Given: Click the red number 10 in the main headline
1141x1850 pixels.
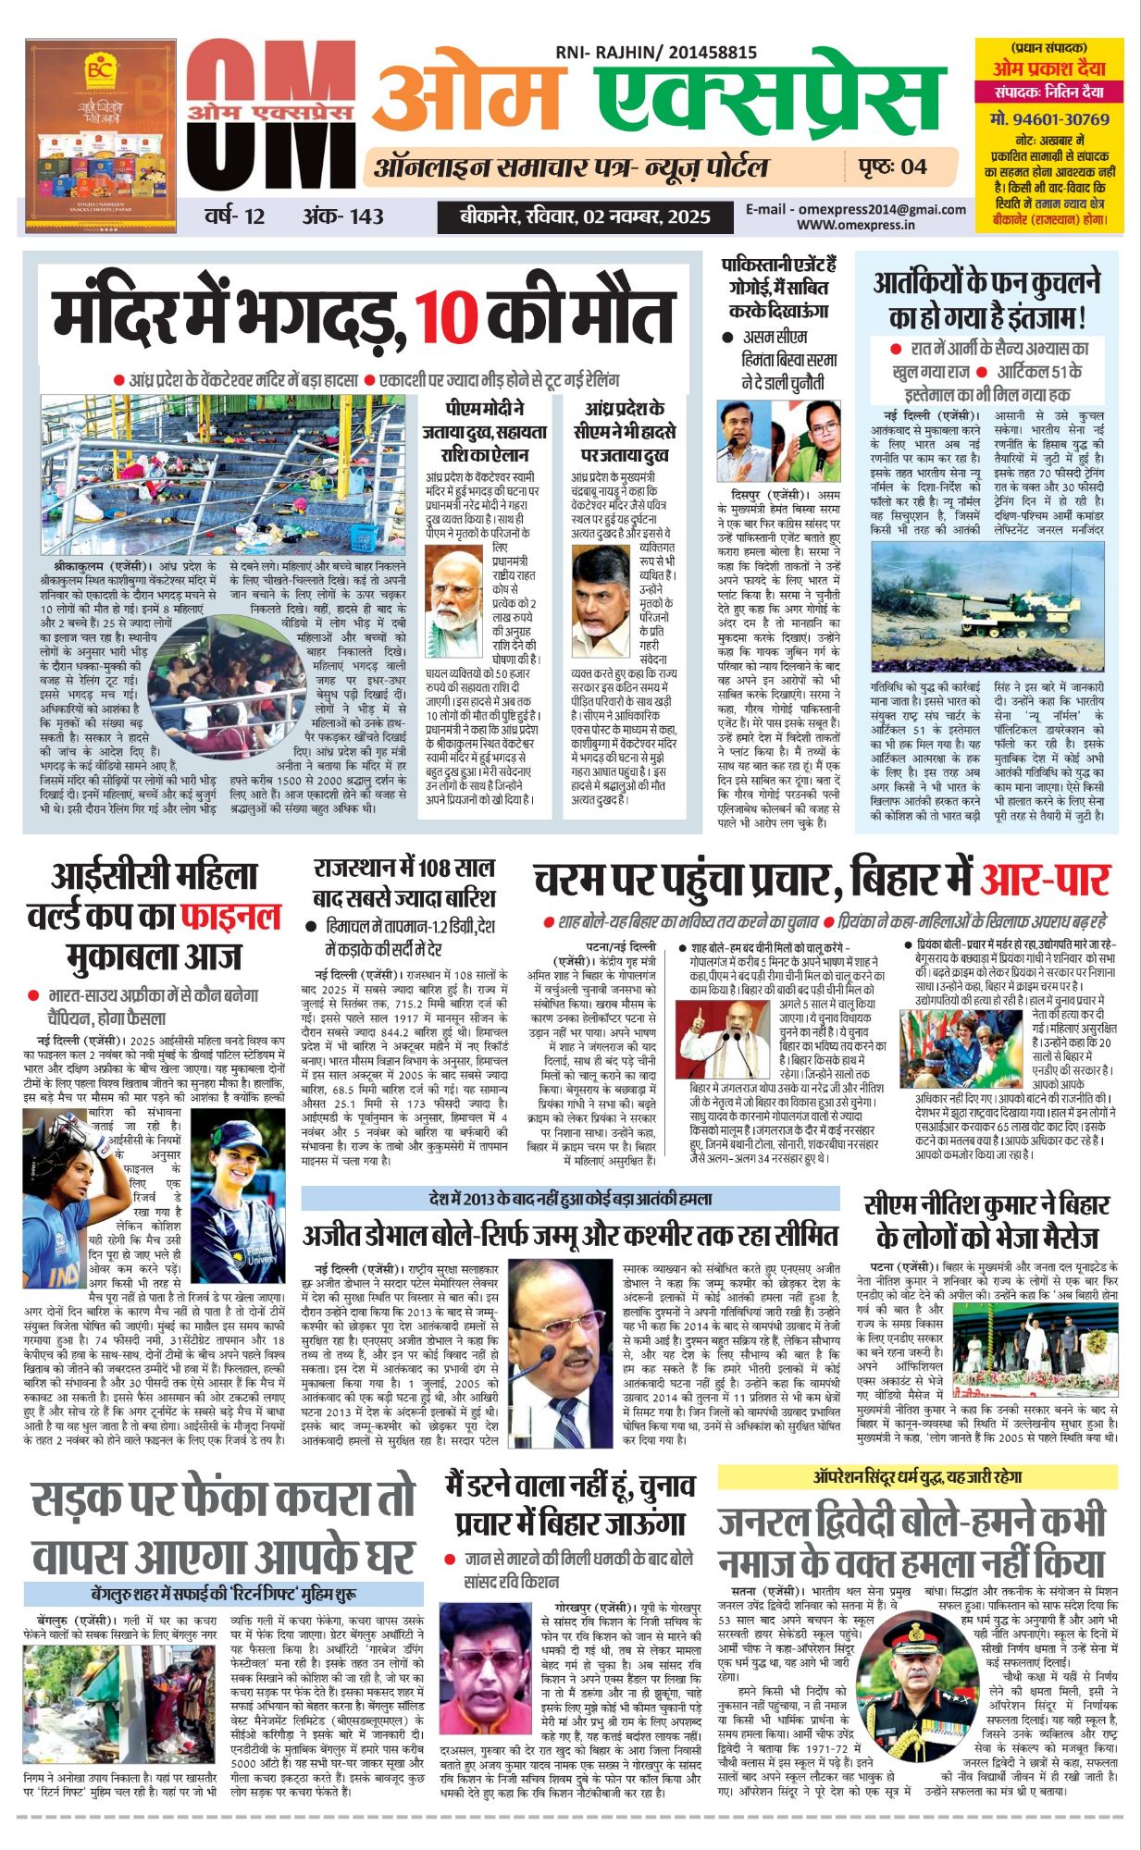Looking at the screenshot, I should click(445, 316).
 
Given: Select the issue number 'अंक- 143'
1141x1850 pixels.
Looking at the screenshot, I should click(342, 216).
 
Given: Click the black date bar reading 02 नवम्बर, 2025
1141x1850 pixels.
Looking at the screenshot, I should click(586, 216).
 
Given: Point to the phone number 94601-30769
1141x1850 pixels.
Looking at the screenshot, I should click(1048, 119).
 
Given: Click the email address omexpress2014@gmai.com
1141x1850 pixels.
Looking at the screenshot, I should click(856, 209).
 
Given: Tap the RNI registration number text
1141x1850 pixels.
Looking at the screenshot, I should click(656, 54).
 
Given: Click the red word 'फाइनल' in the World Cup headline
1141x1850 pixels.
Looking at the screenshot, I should click(230, 916).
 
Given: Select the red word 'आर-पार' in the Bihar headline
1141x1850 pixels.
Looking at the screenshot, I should click(1045, 881).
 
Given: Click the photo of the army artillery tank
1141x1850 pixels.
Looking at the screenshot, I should click(987, 605).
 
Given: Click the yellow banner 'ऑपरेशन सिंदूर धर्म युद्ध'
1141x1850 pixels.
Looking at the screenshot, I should click(916, 1477).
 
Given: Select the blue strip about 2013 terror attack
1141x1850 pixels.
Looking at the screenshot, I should click(570, 1199).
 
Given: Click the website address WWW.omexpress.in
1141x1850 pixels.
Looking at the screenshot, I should click(856, 224).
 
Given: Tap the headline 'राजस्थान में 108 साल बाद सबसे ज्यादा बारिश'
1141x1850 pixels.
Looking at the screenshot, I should click(404, 882).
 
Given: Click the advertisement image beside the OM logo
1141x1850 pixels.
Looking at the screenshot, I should click(101, 135).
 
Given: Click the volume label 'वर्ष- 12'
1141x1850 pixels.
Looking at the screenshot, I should click(235, 216).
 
